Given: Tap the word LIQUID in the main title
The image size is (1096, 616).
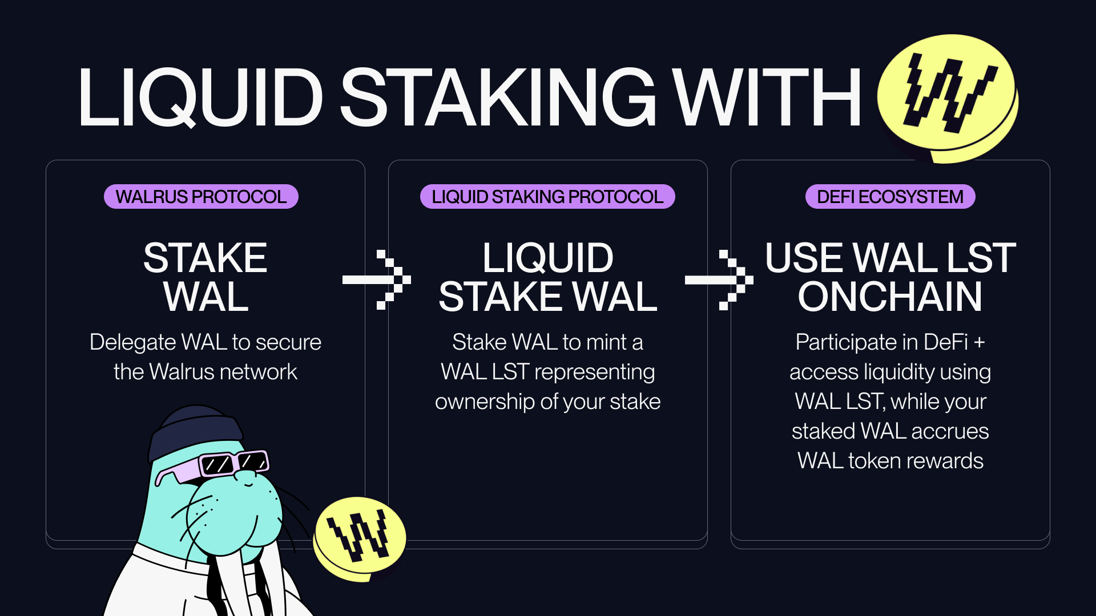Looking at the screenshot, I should [200, 97].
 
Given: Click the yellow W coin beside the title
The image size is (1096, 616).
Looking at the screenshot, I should [948, 94].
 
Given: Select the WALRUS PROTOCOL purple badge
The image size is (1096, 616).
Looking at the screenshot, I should [201, 197].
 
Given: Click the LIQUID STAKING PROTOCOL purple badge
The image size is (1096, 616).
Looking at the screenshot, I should [547, 197].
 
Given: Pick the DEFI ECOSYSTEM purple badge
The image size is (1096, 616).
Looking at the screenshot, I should [890, 197].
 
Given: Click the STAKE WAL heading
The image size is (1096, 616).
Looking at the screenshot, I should [205, 277].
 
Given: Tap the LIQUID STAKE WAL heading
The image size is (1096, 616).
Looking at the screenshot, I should [548, 277].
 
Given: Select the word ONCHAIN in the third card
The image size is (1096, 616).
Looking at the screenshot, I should [890, 297].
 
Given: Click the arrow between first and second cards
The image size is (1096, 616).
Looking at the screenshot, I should [377, 279].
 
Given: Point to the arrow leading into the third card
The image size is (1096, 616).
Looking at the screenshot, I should [719, 279].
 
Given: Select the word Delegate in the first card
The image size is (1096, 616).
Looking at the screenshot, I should [132, 342].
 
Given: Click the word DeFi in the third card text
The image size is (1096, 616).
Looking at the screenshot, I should [945, 342].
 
